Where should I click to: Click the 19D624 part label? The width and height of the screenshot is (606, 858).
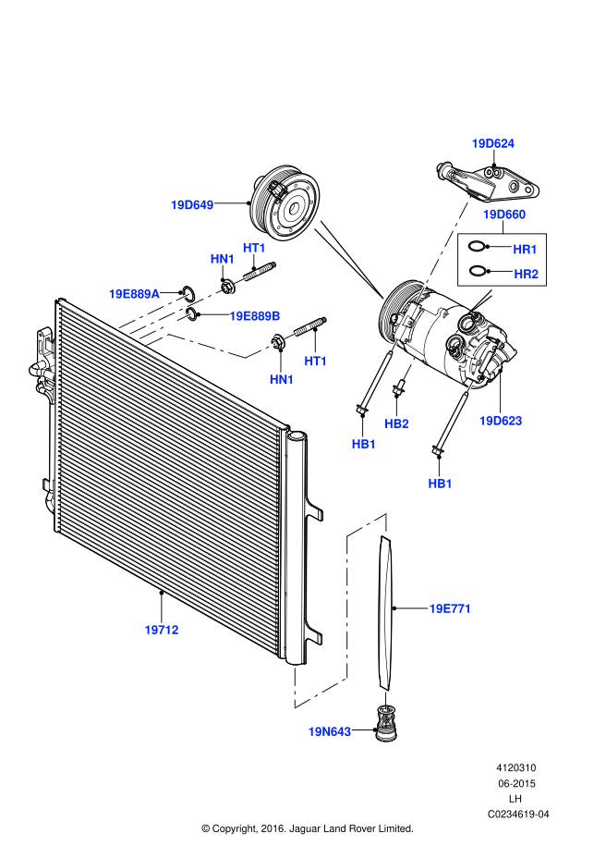click(493, 143)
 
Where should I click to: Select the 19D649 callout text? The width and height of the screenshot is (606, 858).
click(192, 205)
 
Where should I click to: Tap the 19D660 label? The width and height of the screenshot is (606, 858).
click(504, 214)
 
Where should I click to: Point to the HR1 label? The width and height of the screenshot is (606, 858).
click(526, 250)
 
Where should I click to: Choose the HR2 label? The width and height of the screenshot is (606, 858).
click(527, 274)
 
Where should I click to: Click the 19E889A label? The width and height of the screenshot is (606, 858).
click(134, 294)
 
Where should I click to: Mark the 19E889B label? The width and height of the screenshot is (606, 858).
click(255, 316)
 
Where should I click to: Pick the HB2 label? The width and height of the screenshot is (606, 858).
click(397, 423)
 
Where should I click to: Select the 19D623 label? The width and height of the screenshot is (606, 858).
click(501, 421)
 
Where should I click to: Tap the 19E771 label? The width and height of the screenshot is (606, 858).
click(451, 608)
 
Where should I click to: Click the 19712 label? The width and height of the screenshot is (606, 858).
click(162, 630)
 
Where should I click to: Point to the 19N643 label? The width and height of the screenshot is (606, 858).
click(330, 731)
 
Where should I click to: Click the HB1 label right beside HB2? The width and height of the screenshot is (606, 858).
click(364, 444)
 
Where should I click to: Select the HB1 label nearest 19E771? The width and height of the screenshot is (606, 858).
click(441, 484)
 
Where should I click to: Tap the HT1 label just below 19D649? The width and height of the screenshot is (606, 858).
click(254, 248)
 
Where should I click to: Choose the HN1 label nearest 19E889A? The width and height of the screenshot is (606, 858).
click(223, 259)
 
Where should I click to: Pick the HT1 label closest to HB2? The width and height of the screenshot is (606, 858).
click(316, 361)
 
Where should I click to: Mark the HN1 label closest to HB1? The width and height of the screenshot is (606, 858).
click(282, 379)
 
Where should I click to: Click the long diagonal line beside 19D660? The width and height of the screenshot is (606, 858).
click(444, 249)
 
